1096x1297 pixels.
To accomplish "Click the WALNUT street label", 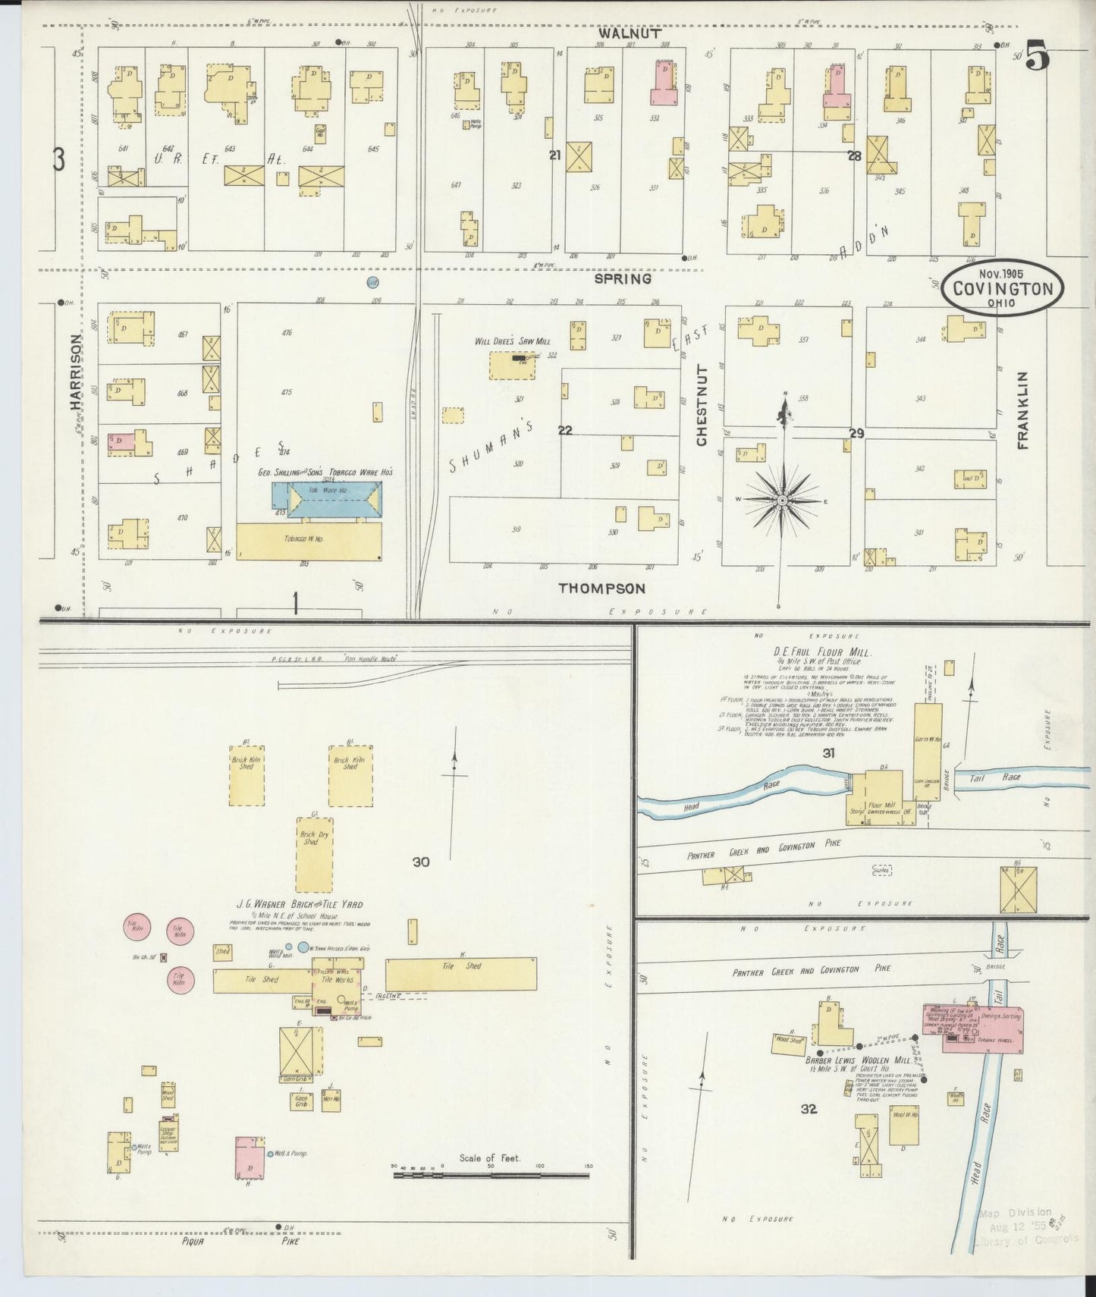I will (x=629, y=33).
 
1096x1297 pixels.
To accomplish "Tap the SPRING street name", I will (x=623, y=278).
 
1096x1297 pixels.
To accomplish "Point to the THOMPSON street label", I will (x=601, y=588).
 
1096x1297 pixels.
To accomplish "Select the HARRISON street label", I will (x=77, y=372).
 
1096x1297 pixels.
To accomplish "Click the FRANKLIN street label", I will (x=1022, y=410).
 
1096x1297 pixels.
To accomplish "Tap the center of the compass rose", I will (x=782, y=501).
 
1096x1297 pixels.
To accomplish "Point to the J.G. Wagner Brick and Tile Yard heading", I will (x=300, y=904).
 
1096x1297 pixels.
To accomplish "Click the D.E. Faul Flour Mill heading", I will (x=812, y=652).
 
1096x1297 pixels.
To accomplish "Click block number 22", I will (x=565, y=430).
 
